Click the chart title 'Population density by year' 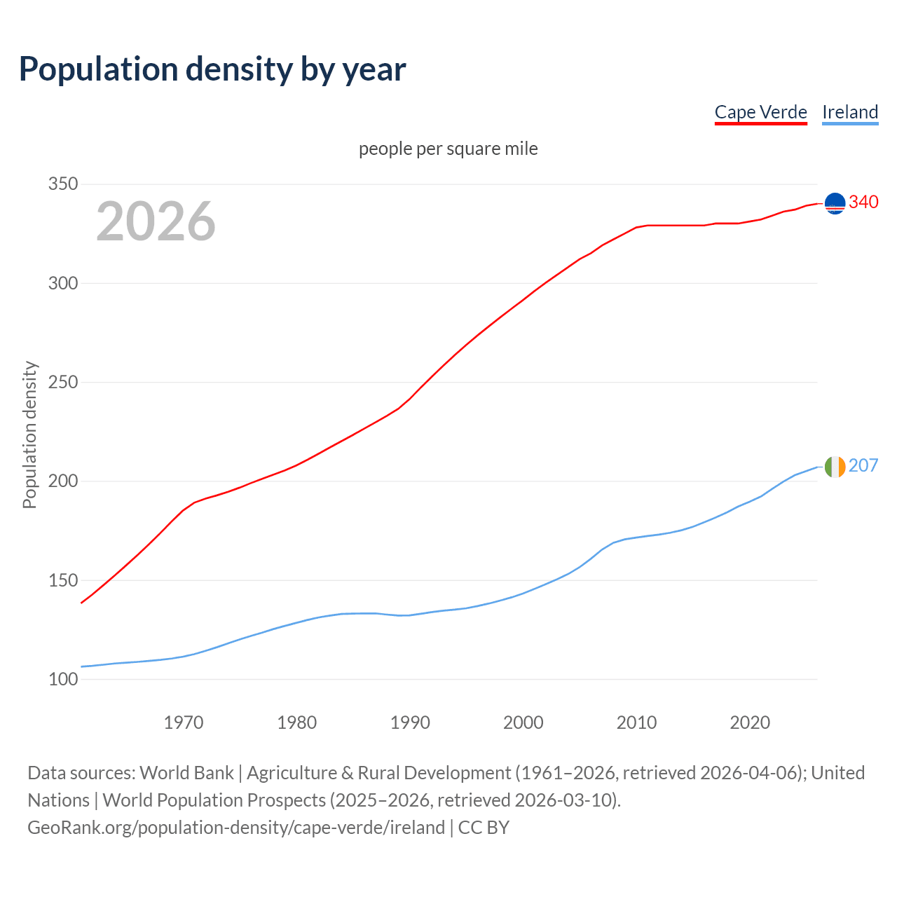[212, 69]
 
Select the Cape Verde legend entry [760, 112]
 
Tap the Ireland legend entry [850, 112]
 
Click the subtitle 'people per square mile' [448, 149]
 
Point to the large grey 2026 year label [156, 221]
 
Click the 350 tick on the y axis [63, 184]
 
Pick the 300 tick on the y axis [63, 283]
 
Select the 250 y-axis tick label [63, 383]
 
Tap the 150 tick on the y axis [63, 580]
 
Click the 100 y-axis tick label [63, 679]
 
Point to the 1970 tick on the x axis [184, 723]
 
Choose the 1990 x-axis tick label [410, 723]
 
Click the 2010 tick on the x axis [636, 723]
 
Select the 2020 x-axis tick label [750, 723]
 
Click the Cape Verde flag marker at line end [835, 203]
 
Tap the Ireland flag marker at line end [835, 467]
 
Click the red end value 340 [863, 203]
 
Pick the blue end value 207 [863, 466]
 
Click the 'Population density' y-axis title [29, 434]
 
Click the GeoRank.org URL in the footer [236, 828]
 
